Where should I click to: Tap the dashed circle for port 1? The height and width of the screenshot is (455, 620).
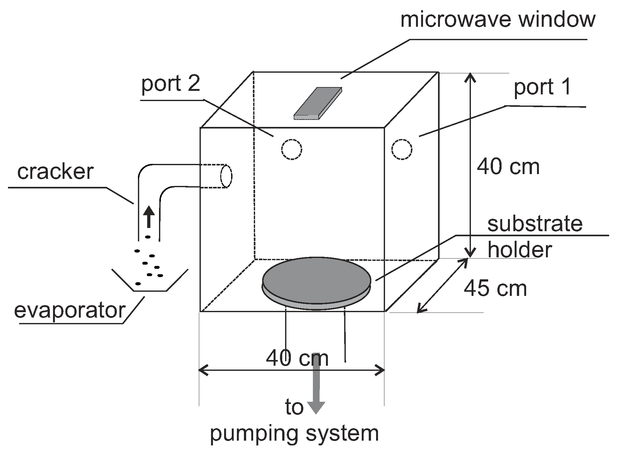pos(402,149)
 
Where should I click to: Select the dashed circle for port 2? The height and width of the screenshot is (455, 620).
pos(291,149)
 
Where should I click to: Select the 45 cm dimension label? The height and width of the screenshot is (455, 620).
pos(495,289)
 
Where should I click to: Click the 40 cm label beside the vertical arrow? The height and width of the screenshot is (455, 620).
pos(508,166)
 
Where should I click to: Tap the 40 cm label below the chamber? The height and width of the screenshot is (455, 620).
pos(297,358)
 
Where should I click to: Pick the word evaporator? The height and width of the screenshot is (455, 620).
pos(70,310)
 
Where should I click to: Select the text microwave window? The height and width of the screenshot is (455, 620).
pos(497,20)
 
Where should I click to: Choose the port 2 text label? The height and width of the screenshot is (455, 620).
pos(171,84)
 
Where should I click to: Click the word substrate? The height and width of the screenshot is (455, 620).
pos(535,224)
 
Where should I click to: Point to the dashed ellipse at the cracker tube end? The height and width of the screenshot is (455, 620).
pos(226,176)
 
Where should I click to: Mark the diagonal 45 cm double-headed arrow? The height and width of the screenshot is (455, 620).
pos(442,285)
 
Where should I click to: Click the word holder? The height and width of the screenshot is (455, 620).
pos(519,249)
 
